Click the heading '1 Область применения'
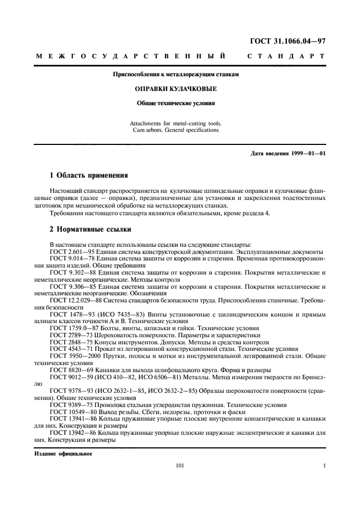click(88, 175)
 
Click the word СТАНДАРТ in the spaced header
click(286, 56)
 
